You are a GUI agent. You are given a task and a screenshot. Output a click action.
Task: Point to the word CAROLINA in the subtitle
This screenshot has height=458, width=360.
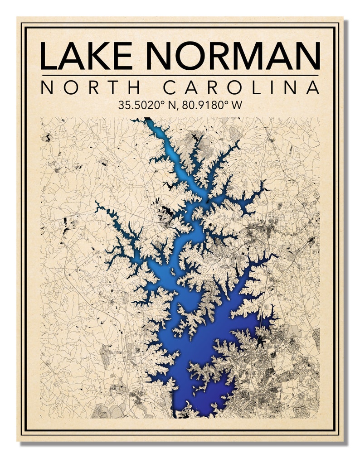pos(241,87)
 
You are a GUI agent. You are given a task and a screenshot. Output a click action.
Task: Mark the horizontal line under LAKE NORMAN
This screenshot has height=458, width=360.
pos(180,75)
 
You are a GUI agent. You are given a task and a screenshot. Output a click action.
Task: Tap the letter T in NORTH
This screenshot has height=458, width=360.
pos(113,87)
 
